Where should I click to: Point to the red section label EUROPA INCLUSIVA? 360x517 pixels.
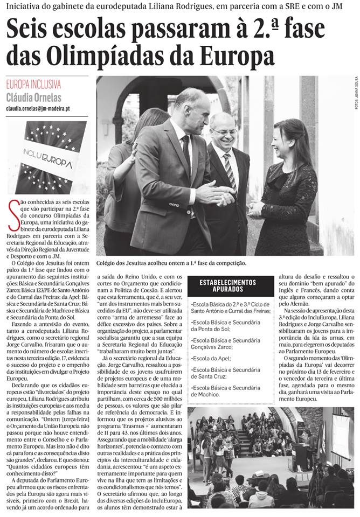(33, 85)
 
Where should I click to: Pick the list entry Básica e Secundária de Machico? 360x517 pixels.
(229, 391)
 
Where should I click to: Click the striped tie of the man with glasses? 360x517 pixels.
(231, 172)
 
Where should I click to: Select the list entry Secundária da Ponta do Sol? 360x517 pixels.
(229, 325)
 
